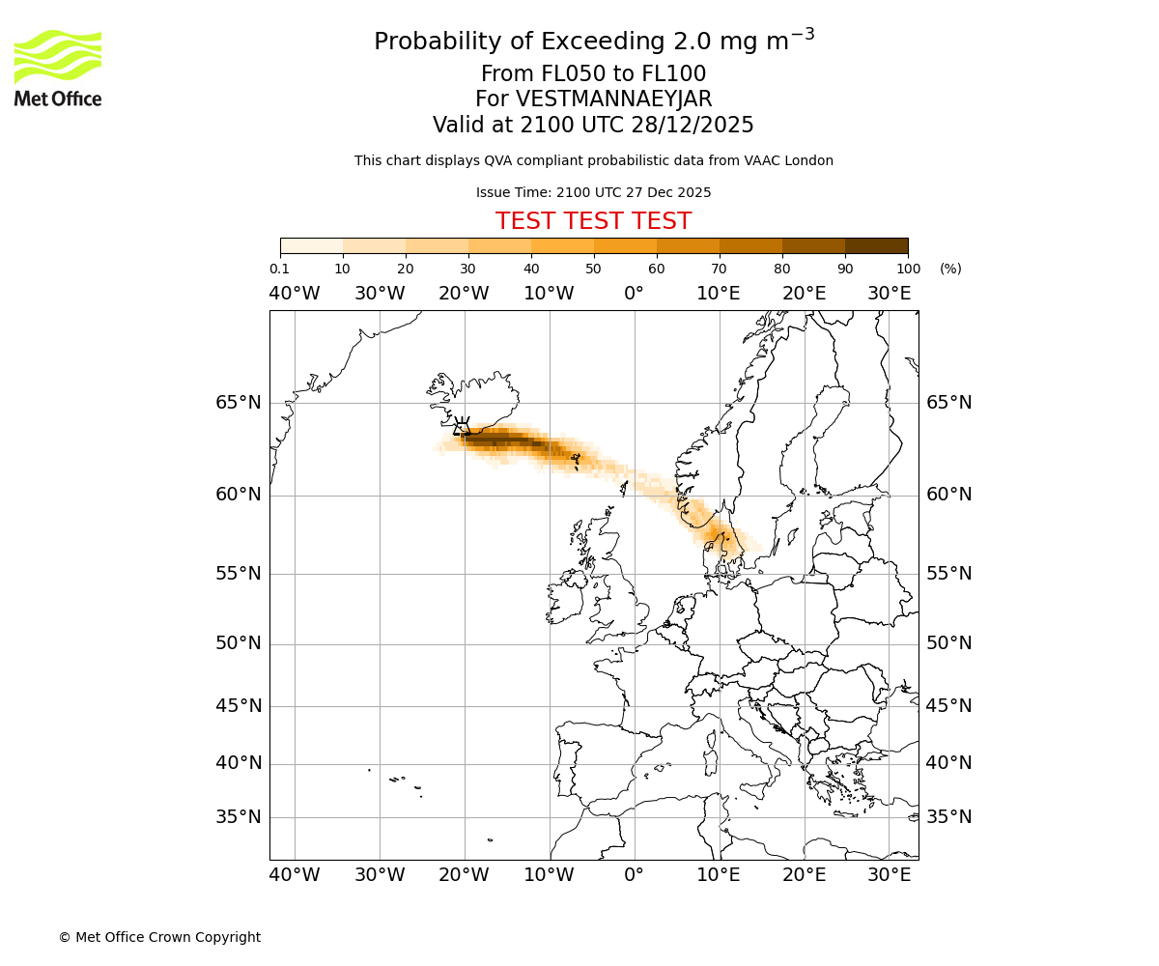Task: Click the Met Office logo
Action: pyautogui.click(x=58, y=68)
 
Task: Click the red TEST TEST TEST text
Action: pyautogui.click(x=593, y=221)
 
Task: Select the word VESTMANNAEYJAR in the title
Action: pyautogui.click(x=614, y=99)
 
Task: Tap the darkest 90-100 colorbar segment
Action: pyautogui.click(x=876, y=245)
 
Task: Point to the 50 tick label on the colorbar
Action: pyautogui.click(x=593, y=269)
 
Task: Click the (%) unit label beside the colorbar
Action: pyautogui.click(x=950, y=269)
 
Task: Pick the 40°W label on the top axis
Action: pyautogui.click(x=294, y=294)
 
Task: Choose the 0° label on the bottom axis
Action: pyautogui.click(x=634, y=875)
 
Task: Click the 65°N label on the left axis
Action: pyautogui.click(x=238, y=403)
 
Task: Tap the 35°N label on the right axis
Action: pyautogui.click(x=948, y=817)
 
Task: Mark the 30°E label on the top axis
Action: pyautogui.click(x=889, y=294)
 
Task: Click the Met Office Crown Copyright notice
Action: pyautogui.click(x=159, y=937)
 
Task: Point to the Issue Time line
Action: pyautogui.click(x=593, y=192)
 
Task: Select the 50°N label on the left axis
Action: pyautogui.click(x=238, y=643)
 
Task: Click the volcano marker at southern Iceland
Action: pyautogui.click(x=462, y=425)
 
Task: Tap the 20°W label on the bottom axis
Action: pyautogui.click(x=464, y=875)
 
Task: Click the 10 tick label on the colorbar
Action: pyautogui.click(x=342, y=269)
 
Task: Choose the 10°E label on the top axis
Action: pyautogui.click(x=718, y=294)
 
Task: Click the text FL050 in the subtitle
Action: pyautogui.click(x=555, y=74)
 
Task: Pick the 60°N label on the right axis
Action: pyautogui.click(x=948, y=495)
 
